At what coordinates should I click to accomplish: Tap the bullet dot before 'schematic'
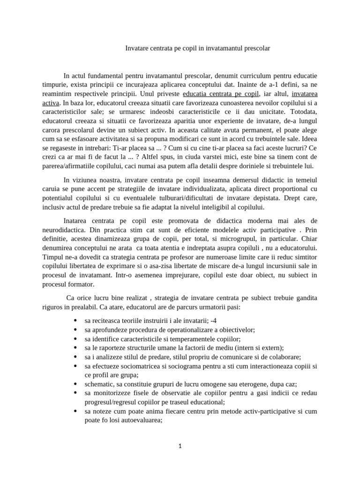click(x=76, y=383)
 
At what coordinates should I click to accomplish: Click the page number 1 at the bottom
click(x=180, y=446)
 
